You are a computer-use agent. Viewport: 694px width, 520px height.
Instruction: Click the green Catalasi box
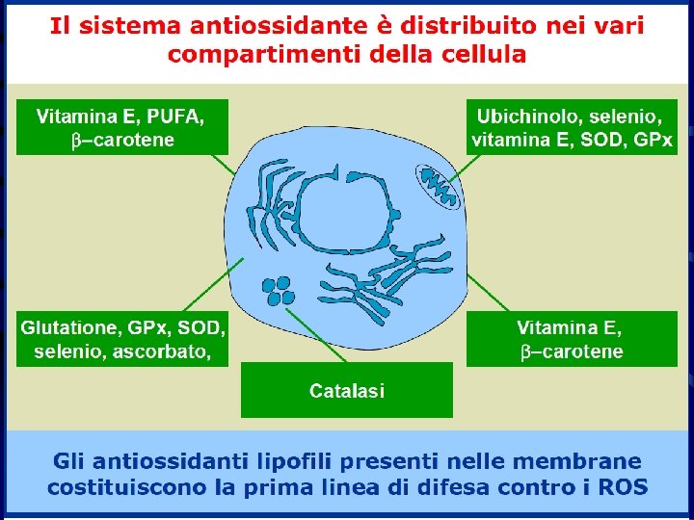[x=346, y=390]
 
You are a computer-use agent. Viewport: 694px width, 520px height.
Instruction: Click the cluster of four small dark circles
[x=279, y=289]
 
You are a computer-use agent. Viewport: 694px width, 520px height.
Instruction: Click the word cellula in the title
[x=479, y=54]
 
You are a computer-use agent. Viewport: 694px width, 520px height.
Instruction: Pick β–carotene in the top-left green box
[x=122, y=141]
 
